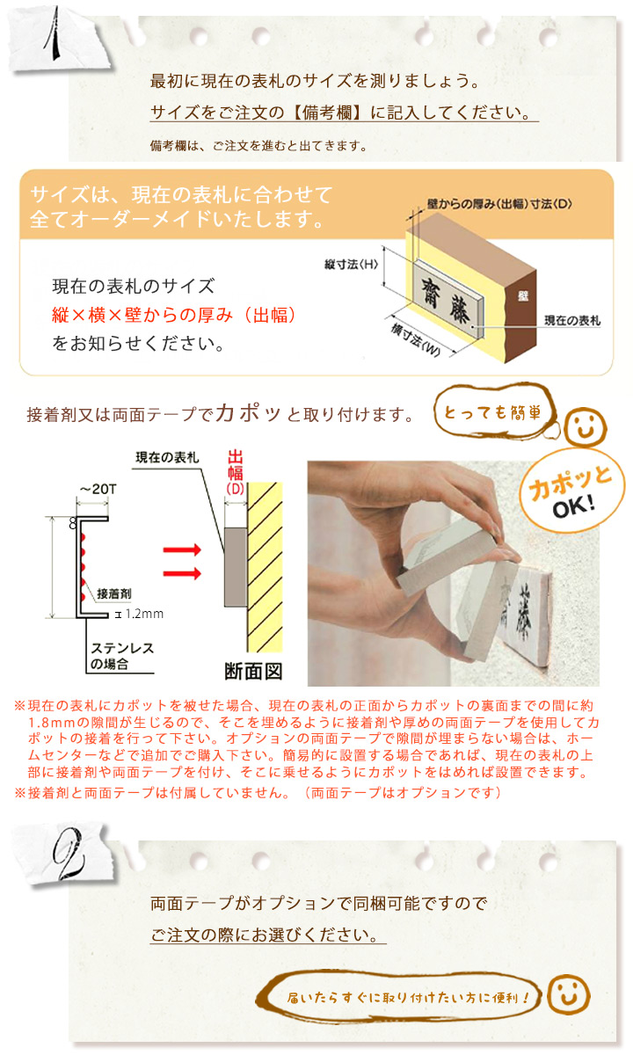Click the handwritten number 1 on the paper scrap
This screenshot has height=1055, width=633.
[x=54, y=33]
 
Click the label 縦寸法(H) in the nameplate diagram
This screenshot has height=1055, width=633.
[x=352, y=265]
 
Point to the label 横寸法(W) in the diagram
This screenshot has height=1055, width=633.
[x=415, y=340]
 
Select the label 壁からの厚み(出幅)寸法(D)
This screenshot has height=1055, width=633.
[x=499, y=204]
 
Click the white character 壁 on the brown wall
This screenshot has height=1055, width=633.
[x=523, y=295]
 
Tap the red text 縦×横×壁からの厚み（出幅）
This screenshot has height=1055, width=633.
[x=174, y=315]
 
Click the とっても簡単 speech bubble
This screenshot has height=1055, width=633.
[x=493, y=412]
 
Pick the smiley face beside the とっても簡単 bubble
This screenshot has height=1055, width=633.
[x=586, y=427]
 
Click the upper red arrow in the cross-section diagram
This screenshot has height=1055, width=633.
[x=182, y=549]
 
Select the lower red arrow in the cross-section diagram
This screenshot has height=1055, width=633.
[x=182, y=573]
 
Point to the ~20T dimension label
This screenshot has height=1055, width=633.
[x=98, y=489]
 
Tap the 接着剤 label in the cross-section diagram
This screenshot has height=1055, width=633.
[x=114, y=593]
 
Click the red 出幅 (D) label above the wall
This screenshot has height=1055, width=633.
[x=235, y=472]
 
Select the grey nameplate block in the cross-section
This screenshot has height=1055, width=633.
[x=236, y=567]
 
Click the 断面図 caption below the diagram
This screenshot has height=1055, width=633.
[x=253, y=671]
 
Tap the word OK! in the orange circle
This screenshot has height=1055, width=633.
[x=573, y=506]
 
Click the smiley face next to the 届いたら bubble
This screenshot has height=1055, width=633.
[x=568, y=994]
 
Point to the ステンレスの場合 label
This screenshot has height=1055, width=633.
[x=122, y=656]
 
